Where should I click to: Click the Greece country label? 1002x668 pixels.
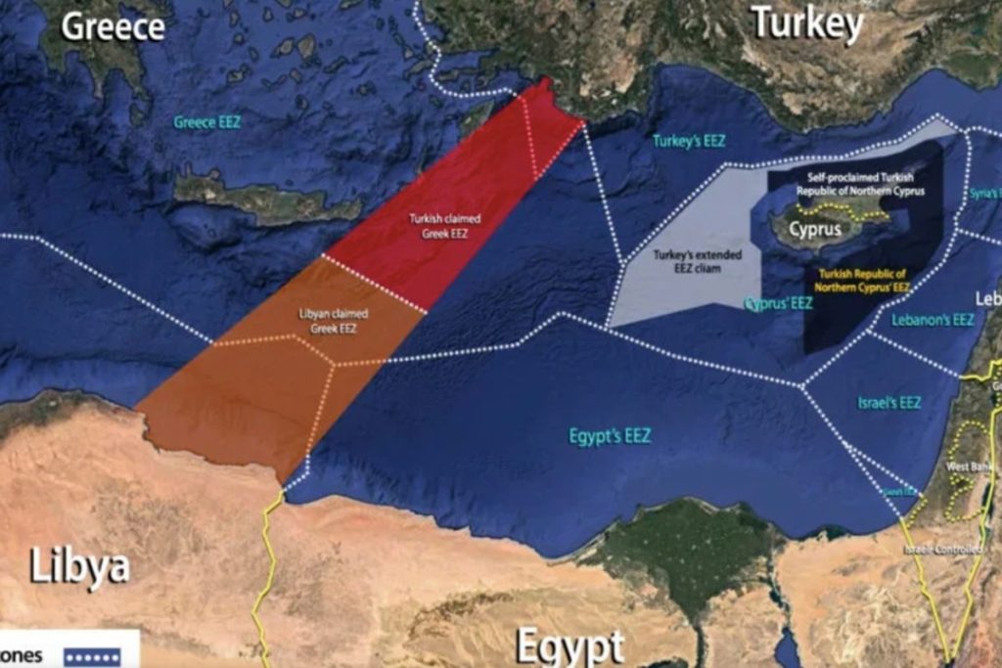point(114,26)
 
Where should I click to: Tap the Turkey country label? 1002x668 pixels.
point(807,23)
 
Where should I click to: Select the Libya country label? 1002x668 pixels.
point(79,566)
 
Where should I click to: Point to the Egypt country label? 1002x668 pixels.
point(569,646)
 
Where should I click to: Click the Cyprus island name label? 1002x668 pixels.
point(815,230)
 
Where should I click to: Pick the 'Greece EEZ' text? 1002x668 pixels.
point(207,122)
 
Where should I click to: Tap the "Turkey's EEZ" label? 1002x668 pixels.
point(689,141)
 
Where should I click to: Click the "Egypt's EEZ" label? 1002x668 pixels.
point(610,436)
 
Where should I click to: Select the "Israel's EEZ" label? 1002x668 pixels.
point(888,402)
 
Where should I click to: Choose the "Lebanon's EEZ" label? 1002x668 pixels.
point(933,320)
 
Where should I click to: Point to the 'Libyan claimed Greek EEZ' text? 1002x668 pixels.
point(333,322)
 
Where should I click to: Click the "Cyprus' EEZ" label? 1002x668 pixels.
point(779,304)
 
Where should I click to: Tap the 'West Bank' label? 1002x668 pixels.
point(964,468)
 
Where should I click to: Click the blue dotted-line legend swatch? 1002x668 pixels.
point(92,656)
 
